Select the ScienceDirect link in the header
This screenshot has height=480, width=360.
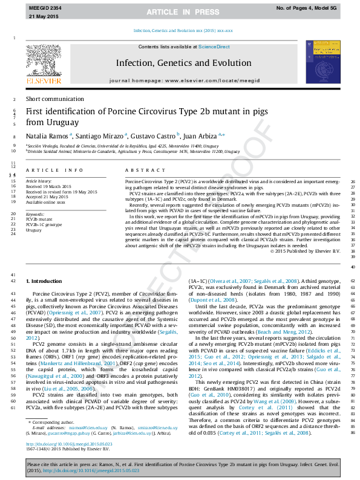coord(214,47)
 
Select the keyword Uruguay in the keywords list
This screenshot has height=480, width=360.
coord(33,230)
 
